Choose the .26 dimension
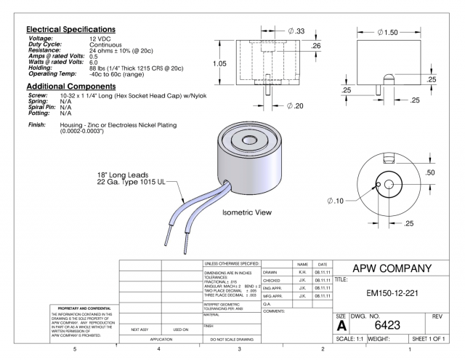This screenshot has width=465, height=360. [x=316, y=46]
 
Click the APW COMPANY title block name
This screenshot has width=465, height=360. [x=395, y=267]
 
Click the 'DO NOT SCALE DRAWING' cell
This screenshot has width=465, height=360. [x=231, y=339]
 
